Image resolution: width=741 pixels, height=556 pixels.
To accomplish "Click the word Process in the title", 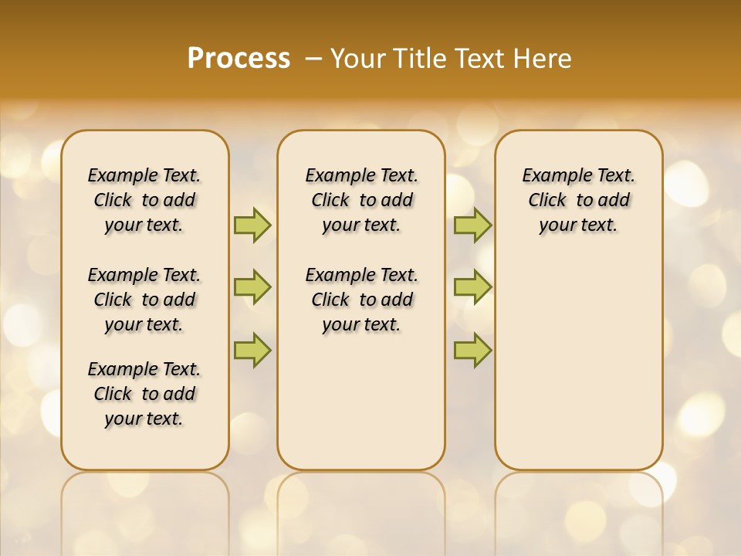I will pos(239,59).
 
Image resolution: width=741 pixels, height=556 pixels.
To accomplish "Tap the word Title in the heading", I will pos(417,59).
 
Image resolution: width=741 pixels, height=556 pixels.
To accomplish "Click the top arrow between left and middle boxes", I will pos(252,225).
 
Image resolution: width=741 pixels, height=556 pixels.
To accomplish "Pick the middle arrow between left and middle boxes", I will pos(252,287).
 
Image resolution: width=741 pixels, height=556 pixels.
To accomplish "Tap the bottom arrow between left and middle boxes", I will pos(252,350).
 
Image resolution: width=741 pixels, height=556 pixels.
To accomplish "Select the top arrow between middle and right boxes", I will pos(472,225).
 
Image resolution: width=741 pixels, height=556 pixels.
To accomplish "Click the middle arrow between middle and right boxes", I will pos(472,287).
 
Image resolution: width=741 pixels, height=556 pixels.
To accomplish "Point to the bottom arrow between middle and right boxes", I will pos(472,350).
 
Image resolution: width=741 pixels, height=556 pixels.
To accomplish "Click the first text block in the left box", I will pos(144,200).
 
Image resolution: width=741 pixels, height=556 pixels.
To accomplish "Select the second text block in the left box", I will pos(144,300).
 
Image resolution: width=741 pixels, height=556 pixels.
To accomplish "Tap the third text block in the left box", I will pos(144,394).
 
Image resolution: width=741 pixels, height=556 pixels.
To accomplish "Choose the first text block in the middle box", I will pos(361,200).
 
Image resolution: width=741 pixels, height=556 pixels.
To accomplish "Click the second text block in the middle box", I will pos(361,300).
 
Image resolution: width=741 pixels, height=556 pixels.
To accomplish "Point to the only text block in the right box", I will pos(579,200).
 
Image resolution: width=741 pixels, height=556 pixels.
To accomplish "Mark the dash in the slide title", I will pos(313,59).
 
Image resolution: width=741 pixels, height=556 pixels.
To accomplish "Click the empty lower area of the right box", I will pos(579,363).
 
